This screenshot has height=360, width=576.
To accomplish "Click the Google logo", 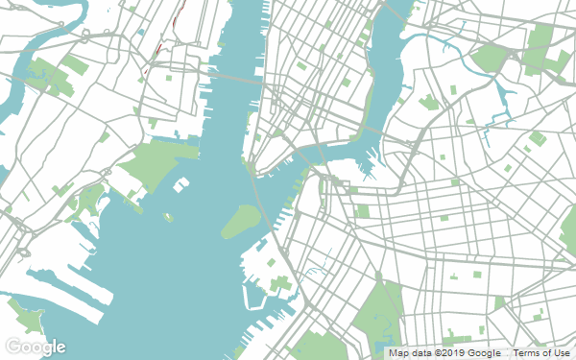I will pyautogui.click(x=35, y=346).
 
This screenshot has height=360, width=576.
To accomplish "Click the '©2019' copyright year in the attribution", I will pyautogui.click(x=451, y=353).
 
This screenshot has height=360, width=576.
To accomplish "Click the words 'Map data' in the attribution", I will pyautogui.click(x=410, y=353).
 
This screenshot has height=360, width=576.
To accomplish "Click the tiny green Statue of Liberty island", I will pyautogui.click(x=168, y=217).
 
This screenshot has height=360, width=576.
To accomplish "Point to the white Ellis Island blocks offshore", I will pyautogui.click(x=180, y=184).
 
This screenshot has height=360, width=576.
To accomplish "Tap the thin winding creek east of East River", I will pyautogui.click(x=470, y=67).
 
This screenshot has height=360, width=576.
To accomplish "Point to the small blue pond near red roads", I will pyautogui.click(x=141, y=33).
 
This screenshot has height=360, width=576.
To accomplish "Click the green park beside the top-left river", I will pyautogui.click(x=43, y=71).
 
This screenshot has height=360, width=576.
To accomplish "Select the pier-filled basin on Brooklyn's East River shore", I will pyautogui.click(x=366, y=165).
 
